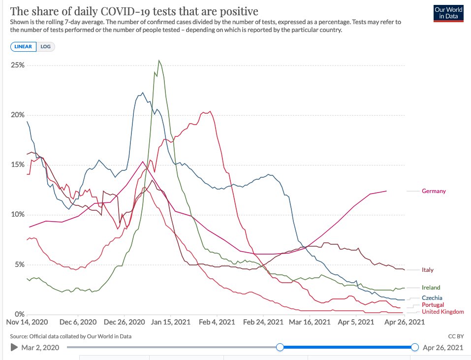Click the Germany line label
pyautogui.click(x=434, y=191)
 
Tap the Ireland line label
pyautogui.click(x=431, y=288)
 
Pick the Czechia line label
pyautogui.click(x=432, y=298)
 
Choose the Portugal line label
pyautogui.click(x=433, y=305)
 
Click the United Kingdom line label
pyautogui.click(x=442, y=312)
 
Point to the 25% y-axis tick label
pyautogui.click(x=19, y=65)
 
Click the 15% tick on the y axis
pyautogui.click(x=19, y=164)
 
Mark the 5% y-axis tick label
pyautogui.click(x=20, y=264)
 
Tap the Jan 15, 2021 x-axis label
pyautogui.click(x=170, y=322)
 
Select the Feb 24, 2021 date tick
pyautogui.click(x=264, y=322)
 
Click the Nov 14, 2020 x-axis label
pyautogui.click(x=27, y=322)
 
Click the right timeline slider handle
pyautogui.click(x=414, y=348)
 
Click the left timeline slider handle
pyautogui.click(x=280, y=348)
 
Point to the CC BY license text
pyautogui.click(x=456, y=336)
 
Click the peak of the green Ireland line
pyautogui.click(x=158, y=61)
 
